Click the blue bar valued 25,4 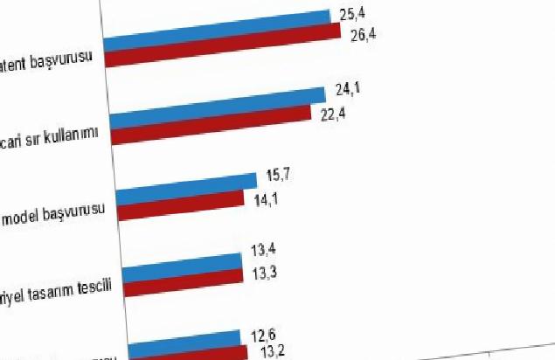[x=219, y=28]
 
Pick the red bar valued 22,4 [x=210, y=123]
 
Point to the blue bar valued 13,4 [x=182, y=263]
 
